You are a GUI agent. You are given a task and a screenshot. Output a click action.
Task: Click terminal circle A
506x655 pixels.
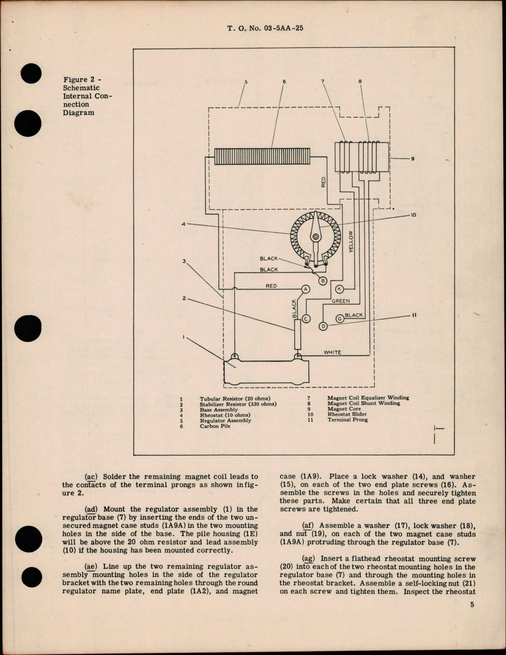coord(306,289)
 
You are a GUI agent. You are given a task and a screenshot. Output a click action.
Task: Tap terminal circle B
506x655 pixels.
coord(323,281)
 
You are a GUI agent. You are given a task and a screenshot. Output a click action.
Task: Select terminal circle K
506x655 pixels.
coord(339,289)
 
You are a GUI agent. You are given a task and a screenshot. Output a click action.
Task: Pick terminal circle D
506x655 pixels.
coord(323,326)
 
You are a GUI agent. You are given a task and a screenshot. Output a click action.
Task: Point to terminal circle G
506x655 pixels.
coord(339,318)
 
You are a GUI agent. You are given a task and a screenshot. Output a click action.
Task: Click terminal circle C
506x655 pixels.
coord(306,318)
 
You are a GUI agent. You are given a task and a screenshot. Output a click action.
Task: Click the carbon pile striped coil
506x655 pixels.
coord(262,156)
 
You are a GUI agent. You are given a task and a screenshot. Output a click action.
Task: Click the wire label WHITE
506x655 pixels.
coord(332,352)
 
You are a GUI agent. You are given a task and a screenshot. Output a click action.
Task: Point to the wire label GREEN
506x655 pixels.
coord(340,301)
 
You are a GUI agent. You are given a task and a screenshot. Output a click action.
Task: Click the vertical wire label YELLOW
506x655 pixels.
coord(351,241)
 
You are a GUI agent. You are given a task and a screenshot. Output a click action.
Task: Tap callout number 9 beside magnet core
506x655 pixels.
coord(412,159)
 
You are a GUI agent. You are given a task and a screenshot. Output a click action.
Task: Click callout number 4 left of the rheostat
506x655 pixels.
coord(184,224)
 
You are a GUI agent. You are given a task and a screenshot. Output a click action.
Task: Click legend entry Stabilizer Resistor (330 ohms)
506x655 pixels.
coord(238,404)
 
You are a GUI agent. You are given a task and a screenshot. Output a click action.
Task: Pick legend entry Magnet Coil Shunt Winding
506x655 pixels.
coord(363,403)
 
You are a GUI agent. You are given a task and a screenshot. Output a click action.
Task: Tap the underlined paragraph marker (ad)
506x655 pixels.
coord(92,509)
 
